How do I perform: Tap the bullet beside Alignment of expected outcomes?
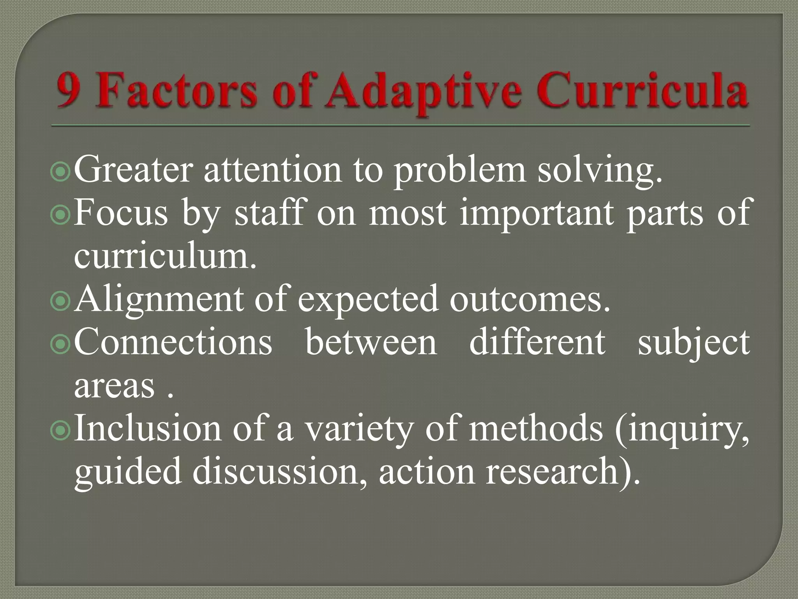60,301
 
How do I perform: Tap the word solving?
599,172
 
